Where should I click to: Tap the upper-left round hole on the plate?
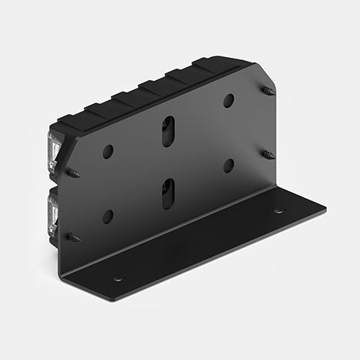108,152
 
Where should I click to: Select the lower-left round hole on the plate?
108,217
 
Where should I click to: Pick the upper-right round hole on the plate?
229,100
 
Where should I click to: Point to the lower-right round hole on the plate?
229,165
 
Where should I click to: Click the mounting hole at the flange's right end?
278,210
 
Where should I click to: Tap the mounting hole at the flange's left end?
118,279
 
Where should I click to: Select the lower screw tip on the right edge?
268,155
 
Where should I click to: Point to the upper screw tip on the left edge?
72,173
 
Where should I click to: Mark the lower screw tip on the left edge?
72,236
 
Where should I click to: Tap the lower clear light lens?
54,211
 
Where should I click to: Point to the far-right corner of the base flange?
325,207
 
